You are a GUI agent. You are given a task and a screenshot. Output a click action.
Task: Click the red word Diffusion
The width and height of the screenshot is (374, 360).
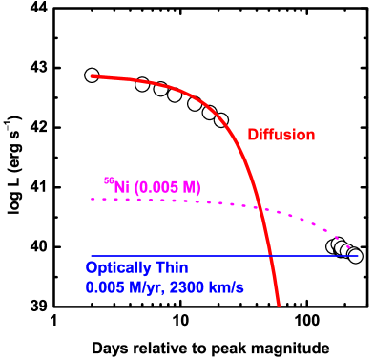click(280, 135)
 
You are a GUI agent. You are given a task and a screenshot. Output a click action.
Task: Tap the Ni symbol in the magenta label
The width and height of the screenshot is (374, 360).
click(121, 187)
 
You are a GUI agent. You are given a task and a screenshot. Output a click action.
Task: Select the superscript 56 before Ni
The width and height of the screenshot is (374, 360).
click(108, 180)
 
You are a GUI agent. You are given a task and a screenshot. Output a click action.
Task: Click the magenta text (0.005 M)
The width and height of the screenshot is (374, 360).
click(166, 187)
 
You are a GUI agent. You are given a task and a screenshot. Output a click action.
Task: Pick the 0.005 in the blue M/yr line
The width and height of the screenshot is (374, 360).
click(103, 286)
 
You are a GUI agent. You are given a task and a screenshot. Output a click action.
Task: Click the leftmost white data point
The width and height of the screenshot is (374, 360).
click(92, 75)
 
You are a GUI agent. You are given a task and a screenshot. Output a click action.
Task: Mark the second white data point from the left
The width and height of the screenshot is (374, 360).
click(142, 84)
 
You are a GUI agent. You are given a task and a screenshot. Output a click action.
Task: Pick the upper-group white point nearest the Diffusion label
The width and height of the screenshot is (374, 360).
click(221, 120)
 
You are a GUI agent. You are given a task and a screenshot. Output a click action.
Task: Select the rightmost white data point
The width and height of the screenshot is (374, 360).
click(355, 256)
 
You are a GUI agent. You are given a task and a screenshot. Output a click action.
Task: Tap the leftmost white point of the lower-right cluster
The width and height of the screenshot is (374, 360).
click(333, 246)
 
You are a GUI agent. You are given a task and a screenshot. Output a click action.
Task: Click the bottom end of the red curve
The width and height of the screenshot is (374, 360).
click(279, 306)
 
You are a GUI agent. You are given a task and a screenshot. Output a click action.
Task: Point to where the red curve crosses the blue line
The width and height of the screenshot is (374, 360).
click(271, 256)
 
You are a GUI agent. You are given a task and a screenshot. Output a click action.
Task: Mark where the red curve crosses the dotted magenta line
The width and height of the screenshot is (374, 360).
click(258, 207)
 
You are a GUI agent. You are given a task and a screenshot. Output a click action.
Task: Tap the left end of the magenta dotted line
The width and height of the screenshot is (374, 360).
click(92, 199)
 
